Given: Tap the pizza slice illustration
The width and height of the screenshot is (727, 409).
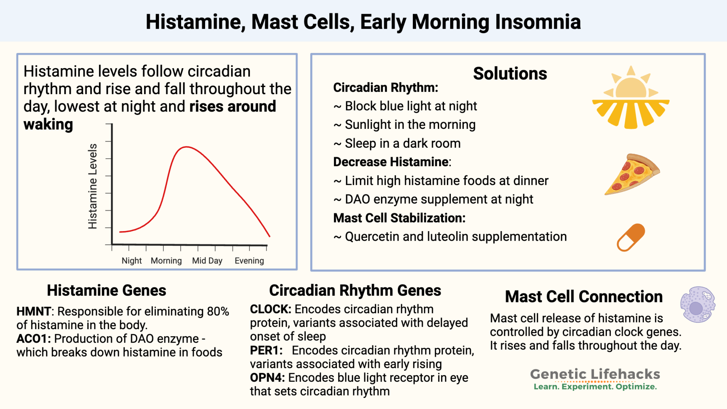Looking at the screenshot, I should pyautogui.click(x=632, y=174).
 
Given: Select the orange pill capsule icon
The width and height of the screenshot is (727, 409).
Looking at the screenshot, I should pyautogui.click(x=631, y=237).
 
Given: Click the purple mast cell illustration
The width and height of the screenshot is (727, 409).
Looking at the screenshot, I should pyautogui.click(x=697, y=305).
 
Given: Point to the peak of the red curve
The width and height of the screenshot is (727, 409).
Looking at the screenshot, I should pyautogui.click(x=186, y=147).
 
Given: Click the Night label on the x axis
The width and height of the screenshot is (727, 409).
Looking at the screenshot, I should pyautogui.click(x=131, y=261).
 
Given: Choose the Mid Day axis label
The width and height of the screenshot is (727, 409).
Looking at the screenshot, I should pyautogui.click(x=207, y=261).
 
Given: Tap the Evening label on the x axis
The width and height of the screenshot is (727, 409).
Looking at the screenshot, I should pyautogui.click(x=249, y=261).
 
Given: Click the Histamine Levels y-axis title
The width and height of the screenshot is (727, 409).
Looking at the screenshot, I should pyautogui.click(x=93, y=186).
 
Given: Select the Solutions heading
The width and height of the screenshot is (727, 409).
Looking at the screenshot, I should pyautogui.click(x=510, y=74).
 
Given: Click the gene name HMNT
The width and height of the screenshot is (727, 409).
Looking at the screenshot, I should pyautogui.click(x=34, y=311).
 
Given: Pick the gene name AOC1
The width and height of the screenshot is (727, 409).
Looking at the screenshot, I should pyautogui.click(x=33, y=339).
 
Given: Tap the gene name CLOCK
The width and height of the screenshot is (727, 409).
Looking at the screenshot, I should pyautogui.click(x=270, y=309).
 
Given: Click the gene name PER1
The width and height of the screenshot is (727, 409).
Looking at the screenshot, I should pyautogui.click(x=266, y=350).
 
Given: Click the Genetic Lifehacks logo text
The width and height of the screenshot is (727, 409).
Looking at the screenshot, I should pyautogui.click(x=595, y=374).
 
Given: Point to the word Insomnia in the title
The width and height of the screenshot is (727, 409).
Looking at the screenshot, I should pyautogui.click(x=538, y=22).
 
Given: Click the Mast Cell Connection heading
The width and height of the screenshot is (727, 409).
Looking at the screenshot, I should pyautogui.click(x=584, y=297).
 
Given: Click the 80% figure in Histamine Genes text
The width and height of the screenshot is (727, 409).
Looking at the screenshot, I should pyautogui.click(x=218, y=311).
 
